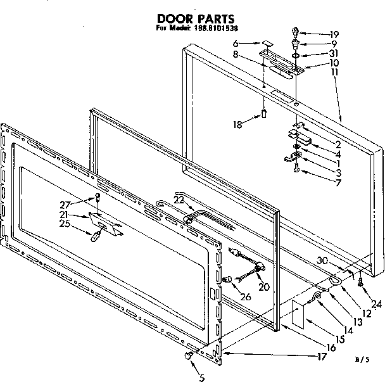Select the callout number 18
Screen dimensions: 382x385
pyautogui.click(x=237, y=125)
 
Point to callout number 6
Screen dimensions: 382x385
pyautogui.click(x=252, y=44)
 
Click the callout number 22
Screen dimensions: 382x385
pyautogui.click(x=179, y=200)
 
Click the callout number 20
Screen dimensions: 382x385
pyautogui.click(x=263, y=287)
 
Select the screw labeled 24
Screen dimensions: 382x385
pyautogui.click(x=360, y=283)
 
